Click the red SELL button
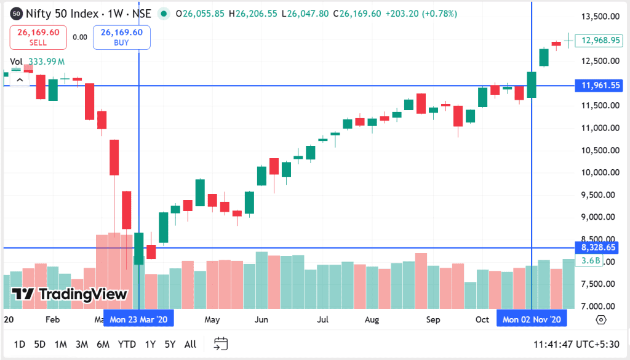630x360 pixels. click(38, 38)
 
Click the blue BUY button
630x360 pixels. click(121, 38)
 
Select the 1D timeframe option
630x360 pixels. click(20, 344)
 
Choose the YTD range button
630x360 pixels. click(127, 344)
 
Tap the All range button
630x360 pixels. click(190, 344)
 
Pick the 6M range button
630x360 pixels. click(103, 344)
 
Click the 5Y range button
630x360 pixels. click(170, 344)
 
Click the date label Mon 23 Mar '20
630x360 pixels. click(139, 319)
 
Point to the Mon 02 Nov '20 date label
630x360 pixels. click(532, 319)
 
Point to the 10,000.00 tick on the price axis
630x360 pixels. click(599, 172)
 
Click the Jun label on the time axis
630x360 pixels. click(261, 320)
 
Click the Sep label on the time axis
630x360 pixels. click(433, 320)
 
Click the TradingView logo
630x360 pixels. click(70, 294)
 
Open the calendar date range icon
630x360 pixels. click(221, 344)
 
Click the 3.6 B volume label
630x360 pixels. click(591, 261)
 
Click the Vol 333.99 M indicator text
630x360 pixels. click(38, 62)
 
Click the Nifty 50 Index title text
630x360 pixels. click(62, 13)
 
